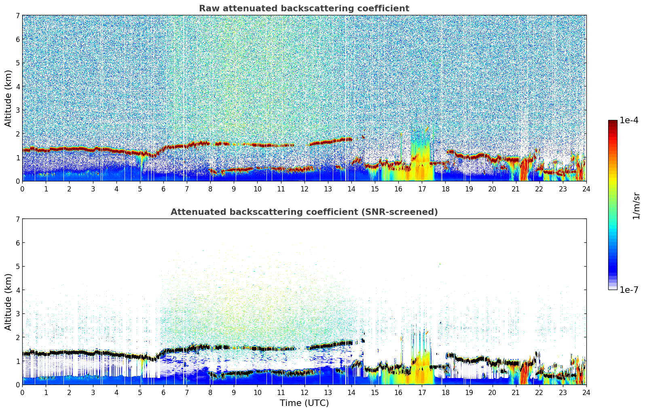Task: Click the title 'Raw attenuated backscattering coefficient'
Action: tap(304, 8)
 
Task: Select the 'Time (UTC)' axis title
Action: tap(304, 403)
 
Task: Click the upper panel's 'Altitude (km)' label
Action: tap(8, 98)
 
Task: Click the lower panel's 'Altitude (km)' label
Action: tap(8, 302)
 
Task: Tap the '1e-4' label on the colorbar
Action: tap(629, 120)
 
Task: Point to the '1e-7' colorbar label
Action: tap(629, 290)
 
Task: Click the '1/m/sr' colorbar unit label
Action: tap(636, 206)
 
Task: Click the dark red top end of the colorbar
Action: tap(613, 122)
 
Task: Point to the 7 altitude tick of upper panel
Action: tap(18, 16)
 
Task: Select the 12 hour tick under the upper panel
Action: tap(304, 189)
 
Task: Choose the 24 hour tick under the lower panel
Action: tap(586, 392)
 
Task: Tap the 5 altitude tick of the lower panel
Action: tap(18, 267)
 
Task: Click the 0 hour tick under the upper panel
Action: tap(22, 189)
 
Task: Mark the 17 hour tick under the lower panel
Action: tap(422, 392)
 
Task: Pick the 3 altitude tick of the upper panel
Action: tap(18, 110)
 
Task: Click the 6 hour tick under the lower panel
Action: tap(163, 392)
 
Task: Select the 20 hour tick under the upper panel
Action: tap(492, 189)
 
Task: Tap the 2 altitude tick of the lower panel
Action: tap(18, 338)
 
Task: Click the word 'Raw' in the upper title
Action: tap(208, 8)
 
